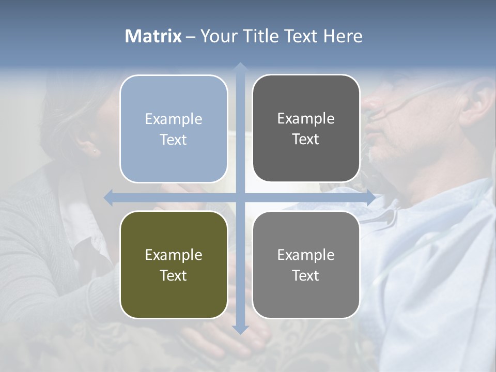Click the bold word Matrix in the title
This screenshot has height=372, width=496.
click(153, 36)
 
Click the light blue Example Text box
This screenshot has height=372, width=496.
click(174, 129)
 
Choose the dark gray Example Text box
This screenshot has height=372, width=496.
click(306, 128)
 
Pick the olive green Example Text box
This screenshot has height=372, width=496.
click(174, 265)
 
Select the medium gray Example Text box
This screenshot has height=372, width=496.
click(306, 265)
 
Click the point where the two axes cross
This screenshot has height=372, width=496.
click(240, 197)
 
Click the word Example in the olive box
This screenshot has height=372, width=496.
click(174, 255)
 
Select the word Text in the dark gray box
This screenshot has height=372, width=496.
click(306, 139)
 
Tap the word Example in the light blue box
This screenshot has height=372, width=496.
click(174, 119)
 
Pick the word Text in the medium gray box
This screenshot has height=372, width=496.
click(306, 275)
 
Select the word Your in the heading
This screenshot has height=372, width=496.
click(218, 36)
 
